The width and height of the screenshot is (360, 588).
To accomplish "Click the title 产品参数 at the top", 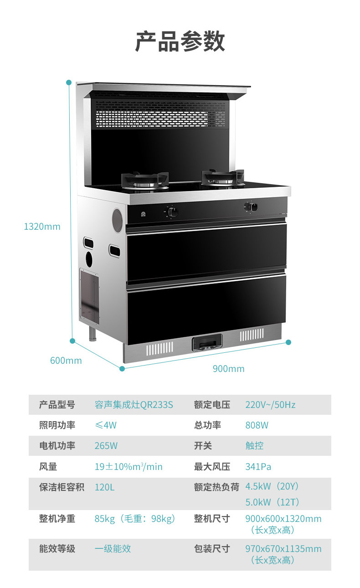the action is (x=180, y=41).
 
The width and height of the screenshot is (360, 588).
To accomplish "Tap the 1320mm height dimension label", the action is (x=42, y=227).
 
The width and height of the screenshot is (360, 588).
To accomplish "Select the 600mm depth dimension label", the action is (x=66, y=361).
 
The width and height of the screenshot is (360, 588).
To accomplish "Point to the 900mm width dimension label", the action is (x=229, y=369).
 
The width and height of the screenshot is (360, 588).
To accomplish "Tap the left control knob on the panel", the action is (x=172, y=212).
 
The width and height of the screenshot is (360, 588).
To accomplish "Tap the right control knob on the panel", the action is (x=252, y=207).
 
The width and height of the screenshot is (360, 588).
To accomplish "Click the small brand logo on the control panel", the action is (x=143, y=214).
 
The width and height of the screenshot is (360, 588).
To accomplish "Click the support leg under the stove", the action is (x=93, y=334).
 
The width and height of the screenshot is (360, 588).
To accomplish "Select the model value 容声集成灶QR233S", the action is (x=134, y=405).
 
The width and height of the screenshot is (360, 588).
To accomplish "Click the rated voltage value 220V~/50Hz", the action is (x=270, y=405).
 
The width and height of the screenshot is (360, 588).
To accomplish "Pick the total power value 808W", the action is (x=257, y=425).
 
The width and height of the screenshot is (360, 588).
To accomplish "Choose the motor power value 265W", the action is (x=106, y=446).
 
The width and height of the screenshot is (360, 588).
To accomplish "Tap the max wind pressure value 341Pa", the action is (x=258, y=467).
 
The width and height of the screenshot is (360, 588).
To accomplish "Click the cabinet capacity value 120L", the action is (x=104, y=487).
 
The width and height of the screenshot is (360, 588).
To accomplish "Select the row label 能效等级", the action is (x=57, y=549).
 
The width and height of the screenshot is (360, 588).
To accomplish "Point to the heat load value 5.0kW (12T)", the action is (x=273, y=502).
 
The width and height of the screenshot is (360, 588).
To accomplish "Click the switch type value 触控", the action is (x=255, y=446).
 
